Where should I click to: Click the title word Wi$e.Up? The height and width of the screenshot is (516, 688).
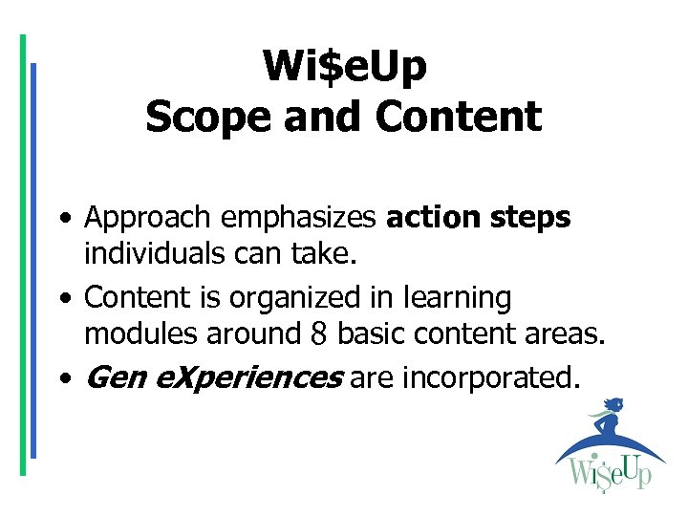344,66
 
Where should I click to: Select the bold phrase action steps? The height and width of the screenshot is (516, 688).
478,217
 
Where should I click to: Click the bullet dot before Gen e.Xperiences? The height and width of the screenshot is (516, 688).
62,379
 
